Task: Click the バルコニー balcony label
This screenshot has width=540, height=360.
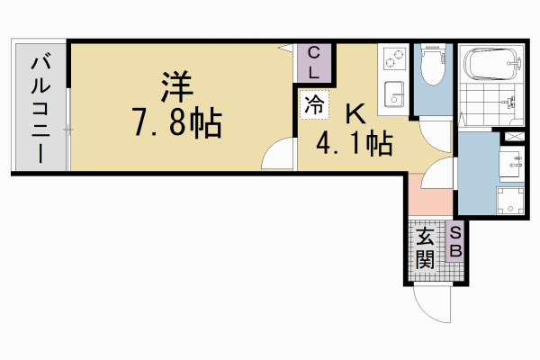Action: pyautogui.click(x=41, y=107)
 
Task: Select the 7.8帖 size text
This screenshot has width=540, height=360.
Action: pyautogui.click(x=177, y=123)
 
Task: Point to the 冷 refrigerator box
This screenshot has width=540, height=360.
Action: pyautogui.click(x=314, y=104)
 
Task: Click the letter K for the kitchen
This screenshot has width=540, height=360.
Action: pyautogui.click(x=355, y=113)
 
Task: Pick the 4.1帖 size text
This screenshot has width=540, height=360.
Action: pyautogui.click(x=353, y=142)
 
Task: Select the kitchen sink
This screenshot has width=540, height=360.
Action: pyautogui.click(x=392, y=93)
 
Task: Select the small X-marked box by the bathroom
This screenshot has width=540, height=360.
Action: pyautogui.click(x=513, y=135)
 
